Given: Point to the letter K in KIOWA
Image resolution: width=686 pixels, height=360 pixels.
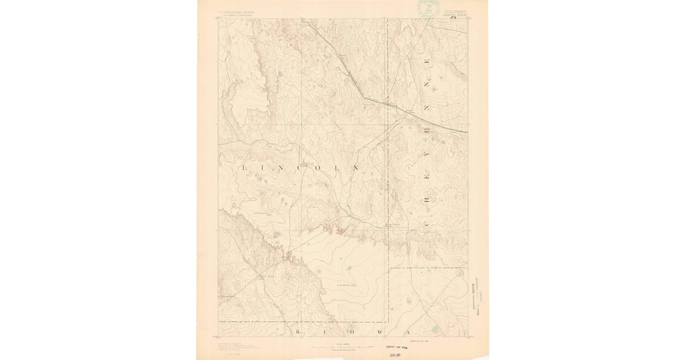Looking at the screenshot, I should (297, 331).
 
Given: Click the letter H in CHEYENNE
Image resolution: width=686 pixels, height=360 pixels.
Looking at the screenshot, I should (428, 198).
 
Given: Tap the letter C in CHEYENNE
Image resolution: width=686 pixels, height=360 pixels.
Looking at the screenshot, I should (428, 219).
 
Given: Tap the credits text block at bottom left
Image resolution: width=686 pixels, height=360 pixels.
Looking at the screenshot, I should (233, 345).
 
